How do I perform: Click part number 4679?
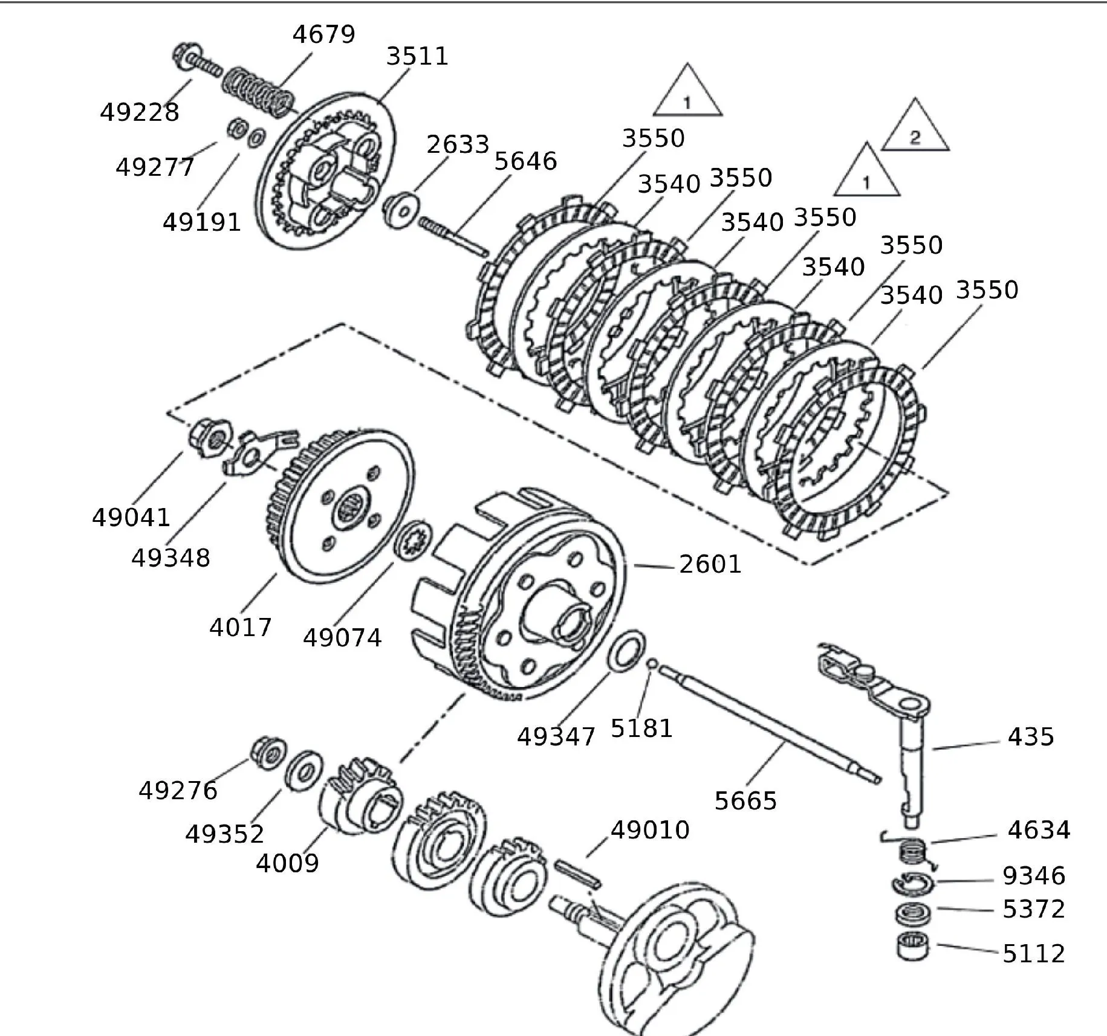[323, 34]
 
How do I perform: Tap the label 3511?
[417, 56]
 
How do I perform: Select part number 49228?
[140, 112]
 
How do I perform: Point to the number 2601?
[710, 564]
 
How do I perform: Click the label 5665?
[745, 801]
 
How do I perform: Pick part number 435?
[1031, 737]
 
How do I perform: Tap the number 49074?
[342, 638]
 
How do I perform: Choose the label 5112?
[1033, 953]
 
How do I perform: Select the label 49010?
[650, 830]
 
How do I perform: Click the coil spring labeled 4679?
[258, 92]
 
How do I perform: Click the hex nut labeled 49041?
[209, 436]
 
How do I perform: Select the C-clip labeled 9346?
[912, 884]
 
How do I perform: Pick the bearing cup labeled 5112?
[912, 947]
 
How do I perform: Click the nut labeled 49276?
[266, 751]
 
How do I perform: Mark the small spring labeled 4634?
[913, 852]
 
